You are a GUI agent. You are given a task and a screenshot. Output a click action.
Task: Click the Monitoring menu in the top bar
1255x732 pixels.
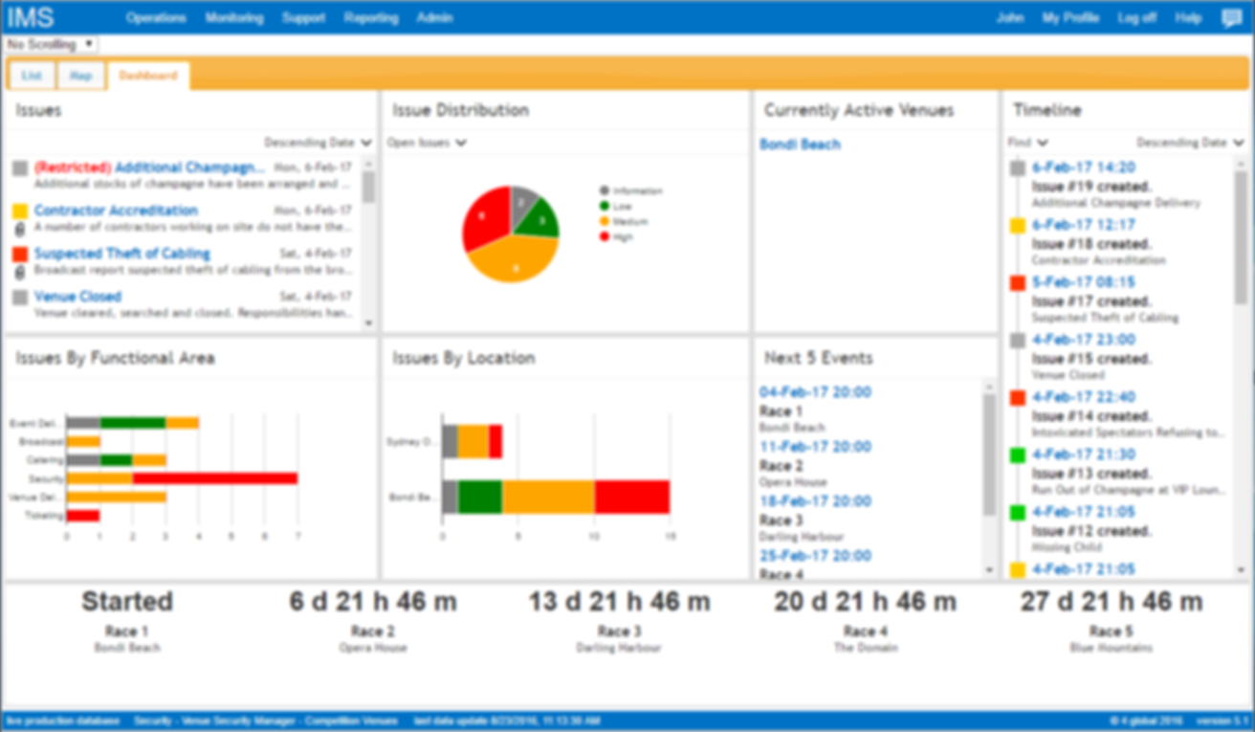233,18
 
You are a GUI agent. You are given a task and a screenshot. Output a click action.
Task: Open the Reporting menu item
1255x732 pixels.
370,18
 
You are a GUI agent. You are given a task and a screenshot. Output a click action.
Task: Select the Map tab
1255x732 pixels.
80,76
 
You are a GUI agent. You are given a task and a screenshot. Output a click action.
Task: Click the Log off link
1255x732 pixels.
1136,18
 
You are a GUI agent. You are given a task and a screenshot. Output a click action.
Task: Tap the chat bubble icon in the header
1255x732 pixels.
1231,18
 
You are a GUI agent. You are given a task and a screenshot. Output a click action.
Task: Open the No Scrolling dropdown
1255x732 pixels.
51,44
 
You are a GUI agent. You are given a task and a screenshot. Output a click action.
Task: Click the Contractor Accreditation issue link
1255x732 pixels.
116,211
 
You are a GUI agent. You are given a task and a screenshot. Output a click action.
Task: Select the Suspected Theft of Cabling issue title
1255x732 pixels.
121,254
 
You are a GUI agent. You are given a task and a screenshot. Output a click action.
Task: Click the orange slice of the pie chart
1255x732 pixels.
515,259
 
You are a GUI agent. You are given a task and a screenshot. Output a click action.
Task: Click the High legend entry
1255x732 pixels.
622,236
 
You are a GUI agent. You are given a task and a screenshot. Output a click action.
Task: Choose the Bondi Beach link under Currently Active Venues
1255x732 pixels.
800,144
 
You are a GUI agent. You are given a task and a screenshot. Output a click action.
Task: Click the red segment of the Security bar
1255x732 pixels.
214,478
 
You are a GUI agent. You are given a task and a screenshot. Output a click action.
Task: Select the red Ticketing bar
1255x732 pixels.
83,516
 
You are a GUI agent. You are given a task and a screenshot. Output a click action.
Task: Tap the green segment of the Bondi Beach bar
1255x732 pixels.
479,498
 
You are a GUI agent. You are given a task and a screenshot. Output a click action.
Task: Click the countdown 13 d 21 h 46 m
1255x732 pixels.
619,602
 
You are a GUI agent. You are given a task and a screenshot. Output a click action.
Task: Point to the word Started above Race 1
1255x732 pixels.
127,602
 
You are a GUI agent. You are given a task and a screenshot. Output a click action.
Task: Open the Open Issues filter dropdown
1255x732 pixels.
427,144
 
